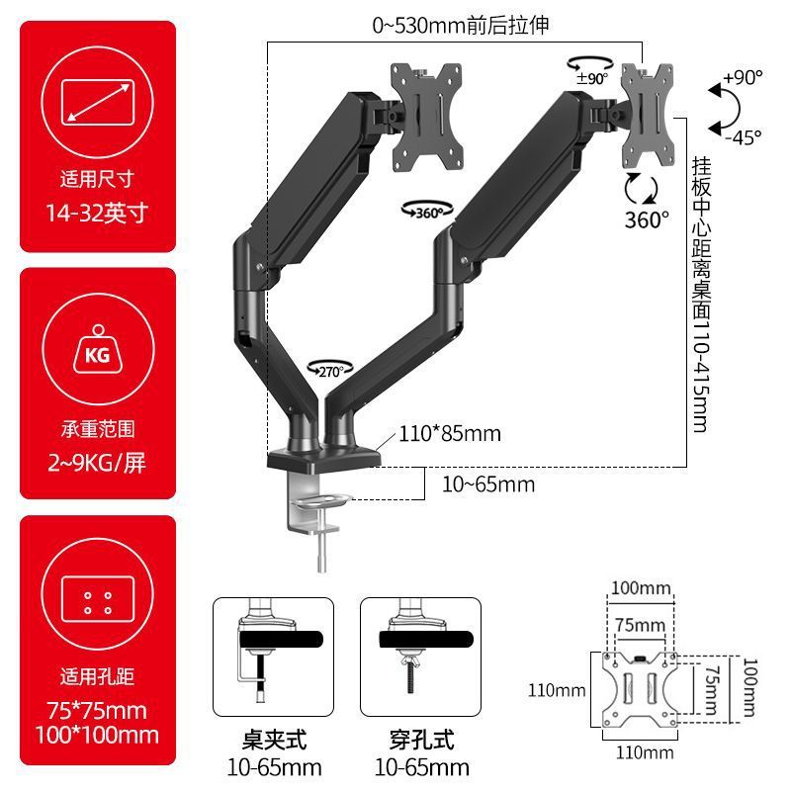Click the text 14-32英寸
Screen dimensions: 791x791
[97, 212]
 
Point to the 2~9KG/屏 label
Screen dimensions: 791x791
[97, 462]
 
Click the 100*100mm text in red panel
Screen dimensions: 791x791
[97, 735]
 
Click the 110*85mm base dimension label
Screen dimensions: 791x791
[450, 433]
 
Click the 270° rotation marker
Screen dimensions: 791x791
[328, 369]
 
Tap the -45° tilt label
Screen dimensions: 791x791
[743, 137]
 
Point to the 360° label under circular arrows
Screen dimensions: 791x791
[648, 220]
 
